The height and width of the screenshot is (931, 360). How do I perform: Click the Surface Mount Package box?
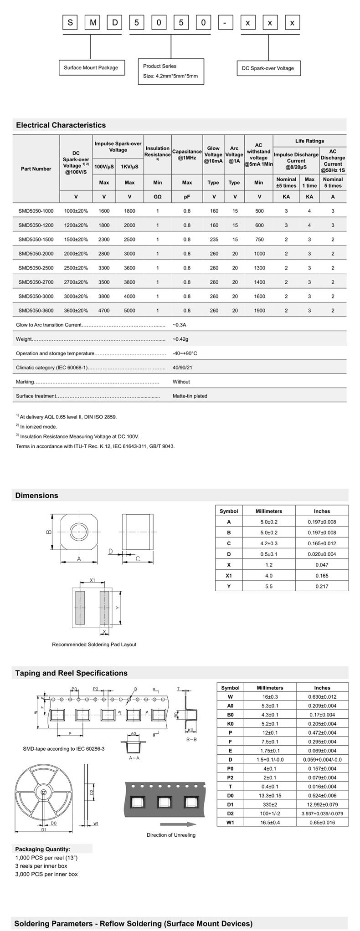(91, 68)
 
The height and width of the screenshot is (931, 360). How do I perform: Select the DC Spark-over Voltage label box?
(268, 68)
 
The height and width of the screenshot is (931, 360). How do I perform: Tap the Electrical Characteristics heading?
(61, 125)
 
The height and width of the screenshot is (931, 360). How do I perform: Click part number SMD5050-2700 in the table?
(36, 282)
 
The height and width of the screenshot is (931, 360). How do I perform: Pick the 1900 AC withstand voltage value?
(259, 311)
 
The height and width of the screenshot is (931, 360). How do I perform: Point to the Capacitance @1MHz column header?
(187, 154)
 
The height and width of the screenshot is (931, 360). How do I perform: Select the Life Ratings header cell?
(309, 141)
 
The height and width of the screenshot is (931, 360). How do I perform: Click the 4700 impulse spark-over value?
(104, 311)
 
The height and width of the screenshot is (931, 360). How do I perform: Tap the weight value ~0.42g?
(180, 339)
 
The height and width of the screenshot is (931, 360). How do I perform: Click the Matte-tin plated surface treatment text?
(190, 396)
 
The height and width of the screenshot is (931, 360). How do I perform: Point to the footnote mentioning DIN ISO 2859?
(67, 417)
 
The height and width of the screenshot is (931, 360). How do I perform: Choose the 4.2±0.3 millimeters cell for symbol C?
(269, 543)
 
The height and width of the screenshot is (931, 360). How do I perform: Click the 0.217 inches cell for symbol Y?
(322, 586)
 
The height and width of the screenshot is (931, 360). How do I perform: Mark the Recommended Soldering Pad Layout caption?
(94, 645)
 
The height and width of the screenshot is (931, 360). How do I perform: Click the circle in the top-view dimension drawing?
(79, 532)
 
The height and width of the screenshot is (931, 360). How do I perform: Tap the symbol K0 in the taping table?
(230, 724)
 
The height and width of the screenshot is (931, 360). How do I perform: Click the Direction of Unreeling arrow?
(178, 824)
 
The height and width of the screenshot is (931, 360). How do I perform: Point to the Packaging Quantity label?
(43, 849)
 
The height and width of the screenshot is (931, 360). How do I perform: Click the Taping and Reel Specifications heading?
(72, 673)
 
